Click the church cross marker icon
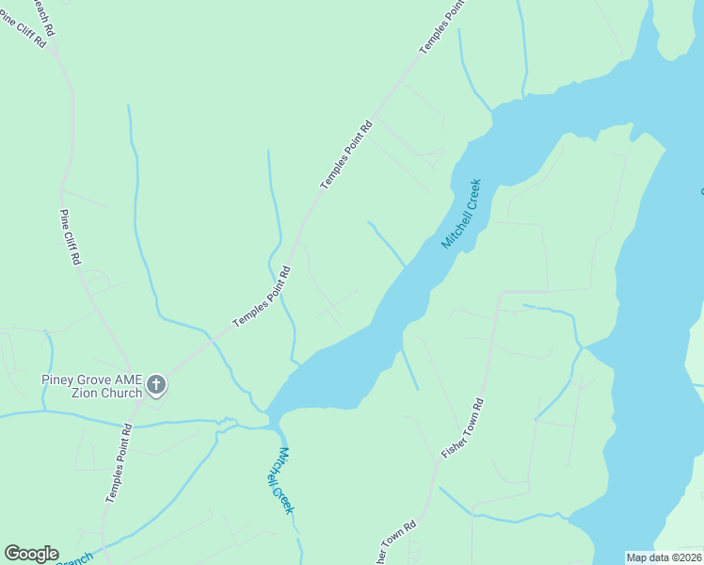pyautogui.click(x=156, y=384)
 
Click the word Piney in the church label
pyautogui.click(x=60, y=380)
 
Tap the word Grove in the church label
pyautogui.click(x=100, y=380)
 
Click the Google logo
pyautogui.click(x=31, y=554)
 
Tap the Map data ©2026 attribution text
pyautogui.click(x=664, y=557)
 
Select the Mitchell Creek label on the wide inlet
pyautogui.click(x=461, y=213)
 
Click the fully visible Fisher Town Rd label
pyautogui.click(x=462, y=429)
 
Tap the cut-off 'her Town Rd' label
pyautogui.click(x=396, y=543)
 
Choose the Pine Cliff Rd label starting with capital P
pyautogui.click(x=70, y=236)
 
